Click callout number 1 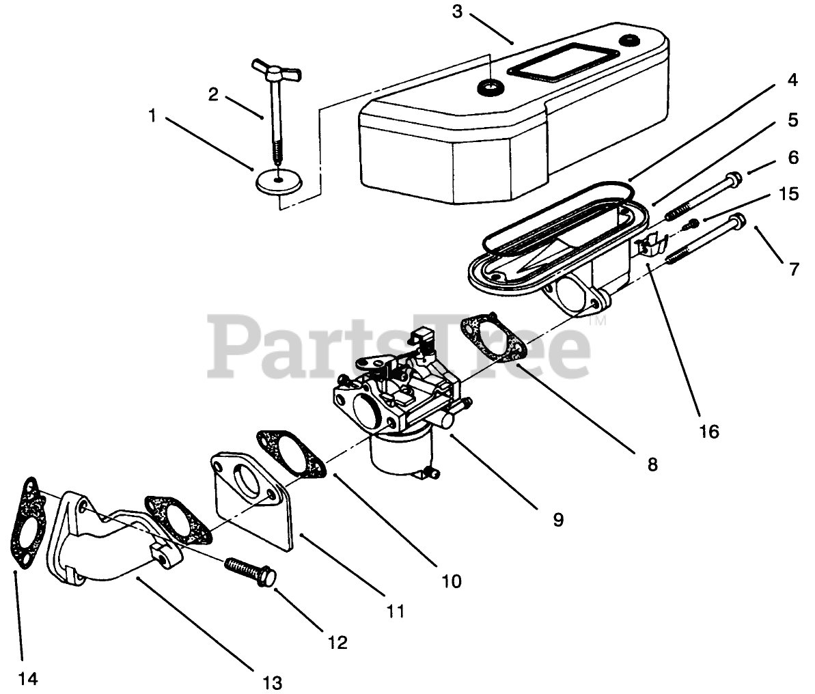pos(152,117)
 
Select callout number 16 pos(709,432)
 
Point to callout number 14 pos(27,678)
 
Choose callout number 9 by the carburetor pos(558,520)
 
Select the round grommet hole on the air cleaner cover pos(489,87)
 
